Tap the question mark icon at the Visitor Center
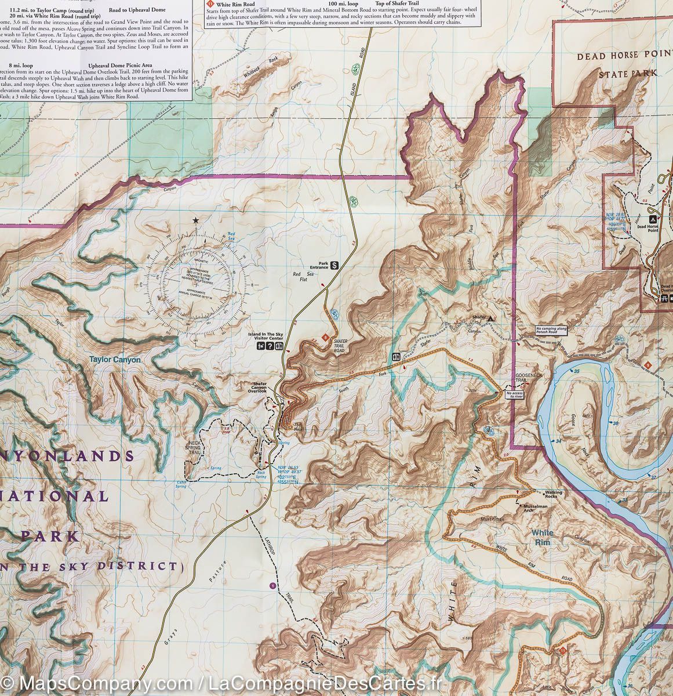pos(270,346)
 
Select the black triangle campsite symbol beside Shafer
pos(491,318)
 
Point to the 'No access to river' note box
pos(514,395)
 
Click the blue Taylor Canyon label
pos(115,360)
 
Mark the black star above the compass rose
pos(196,220)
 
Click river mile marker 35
pos(576,371)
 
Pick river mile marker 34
pos(558,442)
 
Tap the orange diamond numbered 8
pos(326,337)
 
